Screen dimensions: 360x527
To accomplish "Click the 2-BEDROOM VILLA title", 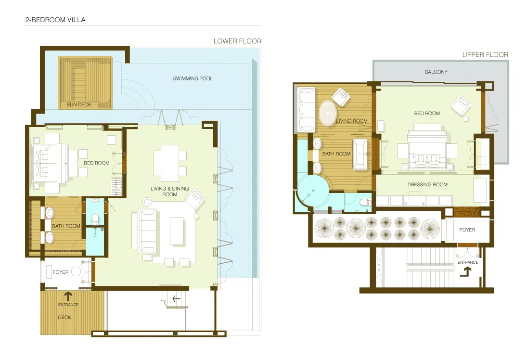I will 55,20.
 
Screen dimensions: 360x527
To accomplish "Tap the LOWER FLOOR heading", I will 237,41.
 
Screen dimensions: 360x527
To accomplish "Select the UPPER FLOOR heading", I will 485,55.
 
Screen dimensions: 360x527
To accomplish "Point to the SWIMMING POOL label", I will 193,78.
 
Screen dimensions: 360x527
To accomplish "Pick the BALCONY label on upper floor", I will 436,72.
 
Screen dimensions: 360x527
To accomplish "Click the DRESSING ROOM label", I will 427,185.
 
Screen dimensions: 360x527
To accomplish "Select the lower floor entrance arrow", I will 68,296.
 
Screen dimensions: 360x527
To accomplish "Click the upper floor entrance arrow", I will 465,273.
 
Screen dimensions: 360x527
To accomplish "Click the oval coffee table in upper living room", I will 327,113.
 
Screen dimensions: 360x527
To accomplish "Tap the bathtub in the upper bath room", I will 360,154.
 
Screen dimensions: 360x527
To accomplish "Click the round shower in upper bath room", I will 313,192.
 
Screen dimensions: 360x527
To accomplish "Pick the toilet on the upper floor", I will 365,202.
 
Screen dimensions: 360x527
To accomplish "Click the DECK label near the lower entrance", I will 64,318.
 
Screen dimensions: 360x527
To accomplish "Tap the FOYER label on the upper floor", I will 467,230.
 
